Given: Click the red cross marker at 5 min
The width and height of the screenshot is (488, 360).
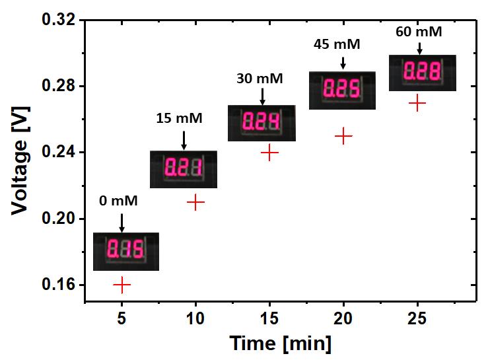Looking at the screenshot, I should pyautogui.click(x=122, y=285).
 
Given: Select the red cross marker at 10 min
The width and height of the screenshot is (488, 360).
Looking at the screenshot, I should pyautogui.click(x=195, y=202).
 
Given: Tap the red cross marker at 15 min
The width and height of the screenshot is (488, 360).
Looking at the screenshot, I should pyautogui.click(x=269, y=153).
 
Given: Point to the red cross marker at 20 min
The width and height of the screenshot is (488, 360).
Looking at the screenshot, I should pyautogui.click(x=343, y=136).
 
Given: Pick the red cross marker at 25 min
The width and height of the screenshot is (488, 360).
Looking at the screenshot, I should pyautogui.click(x=417, y=103).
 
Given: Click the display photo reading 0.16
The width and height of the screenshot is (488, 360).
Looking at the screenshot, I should pyautogui.click(x=125, y=252).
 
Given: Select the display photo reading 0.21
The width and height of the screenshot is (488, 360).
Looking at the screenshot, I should pyautogui.click(x=184, y=169).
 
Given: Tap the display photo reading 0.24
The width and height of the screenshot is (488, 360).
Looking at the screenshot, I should pyautogui.click(x=261, y=123).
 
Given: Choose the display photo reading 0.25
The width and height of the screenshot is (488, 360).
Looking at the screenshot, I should pyautogui.click(x=343, y=90).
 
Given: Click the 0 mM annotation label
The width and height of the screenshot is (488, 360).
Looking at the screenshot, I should pyautogui.click(x=119, y=201).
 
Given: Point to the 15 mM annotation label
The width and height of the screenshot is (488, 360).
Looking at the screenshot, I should pyautogui.click(x=179, y=119).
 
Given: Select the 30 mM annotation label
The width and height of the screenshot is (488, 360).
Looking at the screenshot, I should pyautogui.click(x=260, y=79).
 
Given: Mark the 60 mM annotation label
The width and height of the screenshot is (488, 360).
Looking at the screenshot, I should pyautogui.click(x=419, y=31).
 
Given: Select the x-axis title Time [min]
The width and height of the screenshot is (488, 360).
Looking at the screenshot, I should pyautogui.click(x=280, y=343).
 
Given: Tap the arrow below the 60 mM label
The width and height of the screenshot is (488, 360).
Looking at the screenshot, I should pyautogui.click(x=419, y=48).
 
